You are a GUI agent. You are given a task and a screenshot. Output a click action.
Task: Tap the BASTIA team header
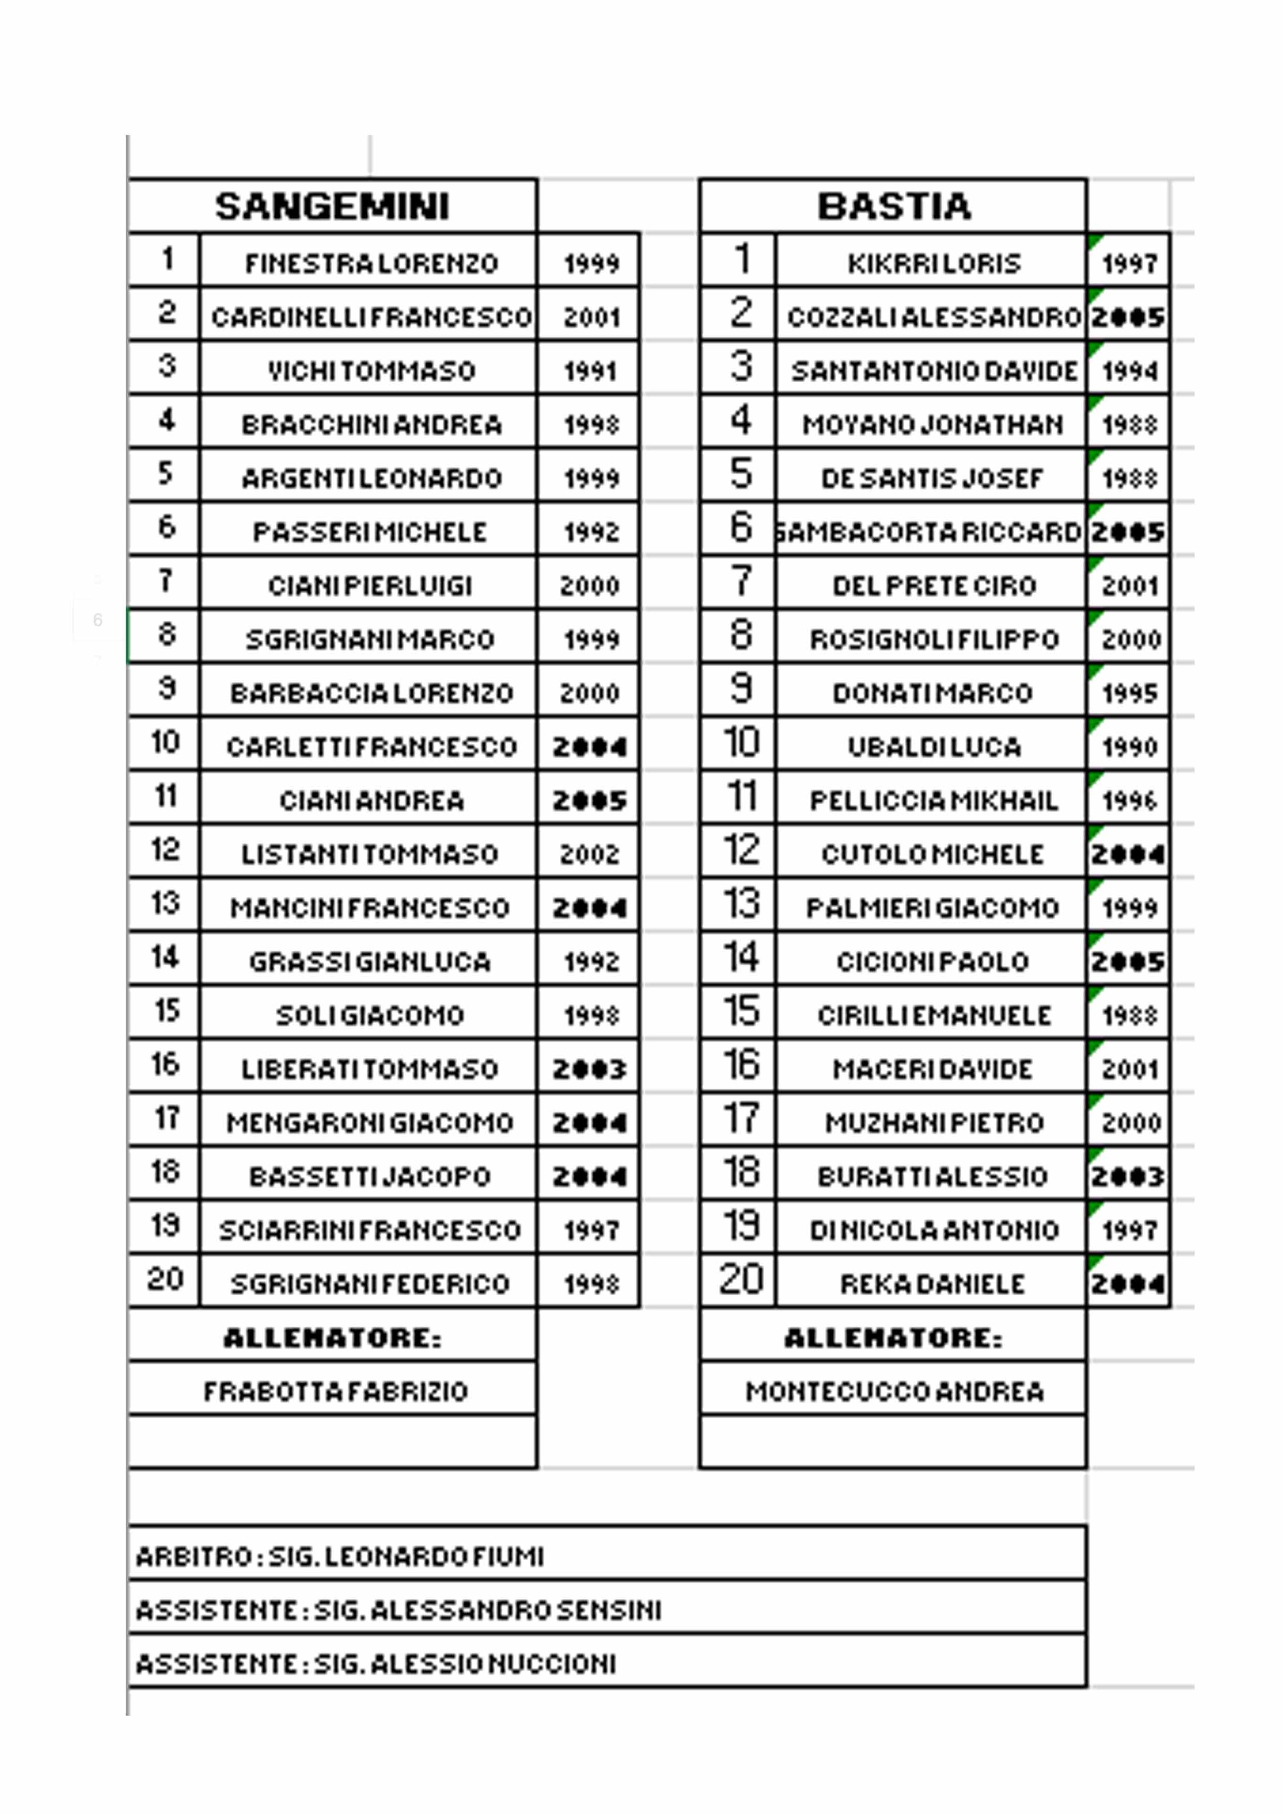click(x=893, y=206)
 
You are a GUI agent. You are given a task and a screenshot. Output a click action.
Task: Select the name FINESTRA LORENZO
click(x=370, y=263)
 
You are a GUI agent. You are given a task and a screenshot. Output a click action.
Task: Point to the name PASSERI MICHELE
click(x=370, y=532)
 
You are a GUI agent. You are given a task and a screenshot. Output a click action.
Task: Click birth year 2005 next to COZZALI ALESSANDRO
click(x=1128, y=317)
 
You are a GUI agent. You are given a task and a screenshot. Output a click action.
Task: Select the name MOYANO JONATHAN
click(x=932, y=424)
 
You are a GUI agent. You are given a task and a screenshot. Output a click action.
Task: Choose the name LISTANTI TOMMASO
click(x=370, y=854)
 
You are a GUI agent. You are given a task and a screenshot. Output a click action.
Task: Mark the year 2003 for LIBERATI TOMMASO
click(x=589, y=1069)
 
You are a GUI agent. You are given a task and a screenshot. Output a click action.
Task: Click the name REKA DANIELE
click(x=932, y=1284)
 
